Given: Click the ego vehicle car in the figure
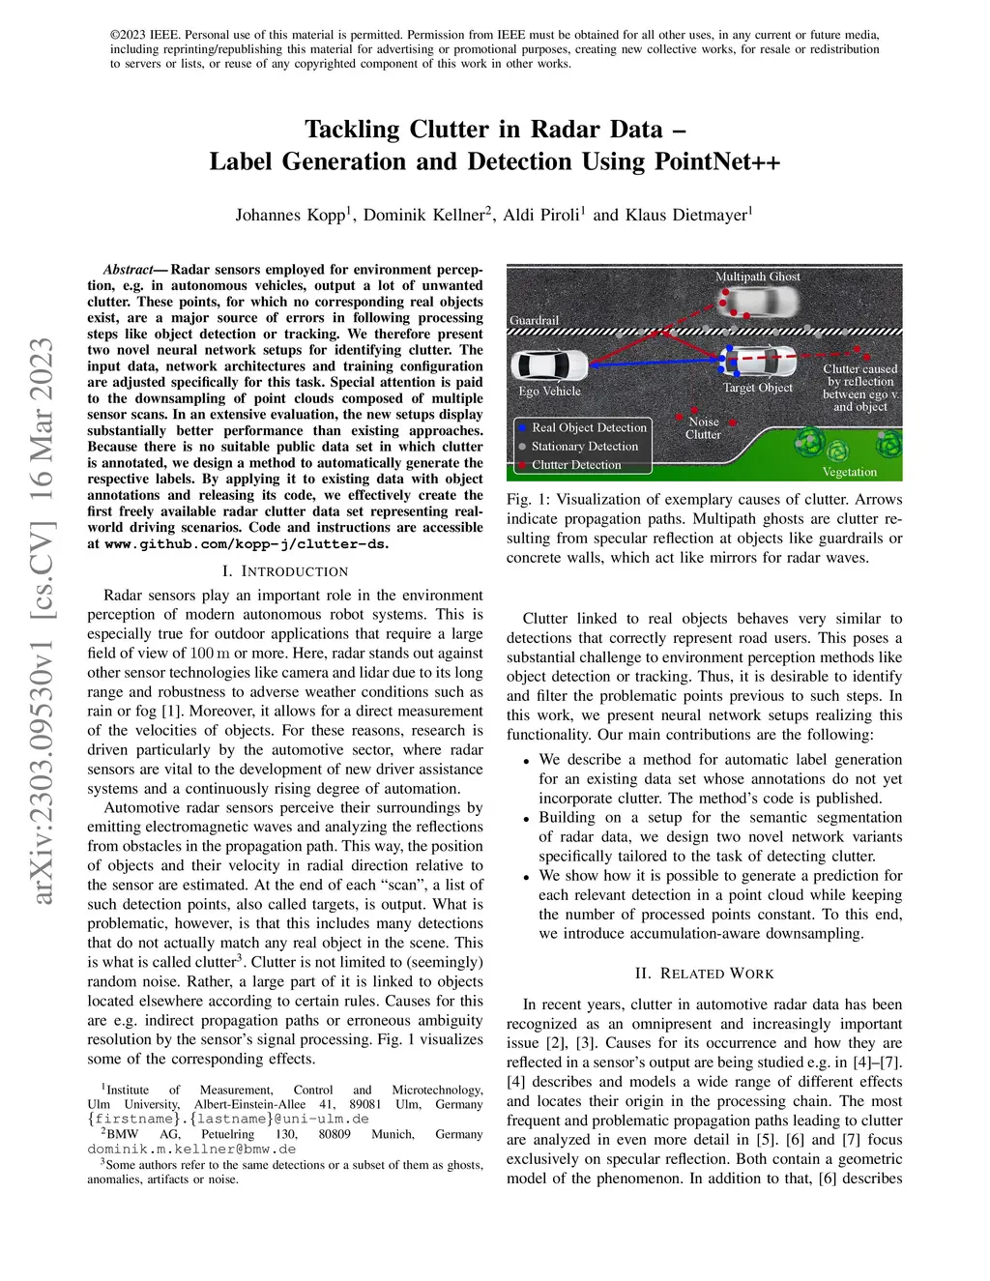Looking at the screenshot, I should point(550,365).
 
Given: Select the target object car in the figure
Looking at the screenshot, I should point(760,362).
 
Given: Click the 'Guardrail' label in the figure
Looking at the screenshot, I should point(534,320).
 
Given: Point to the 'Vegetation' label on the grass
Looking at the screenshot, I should point(849,472).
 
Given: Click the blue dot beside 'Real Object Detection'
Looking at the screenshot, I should point(522,427).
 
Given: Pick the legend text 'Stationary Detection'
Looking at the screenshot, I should point(585,447).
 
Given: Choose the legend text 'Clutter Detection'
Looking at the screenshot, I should point(576,465).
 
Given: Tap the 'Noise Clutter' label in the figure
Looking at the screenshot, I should point(703,428).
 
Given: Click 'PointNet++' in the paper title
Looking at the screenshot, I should point(717,161).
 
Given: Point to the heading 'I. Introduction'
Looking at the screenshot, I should point(285,571).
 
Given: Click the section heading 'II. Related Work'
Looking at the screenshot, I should point(704,974).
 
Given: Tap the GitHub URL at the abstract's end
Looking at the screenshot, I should point(246,544).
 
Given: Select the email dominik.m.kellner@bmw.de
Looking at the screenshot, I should point(191,1150).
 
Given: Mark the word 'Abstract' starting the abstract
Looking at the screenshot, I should point(128,270).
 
